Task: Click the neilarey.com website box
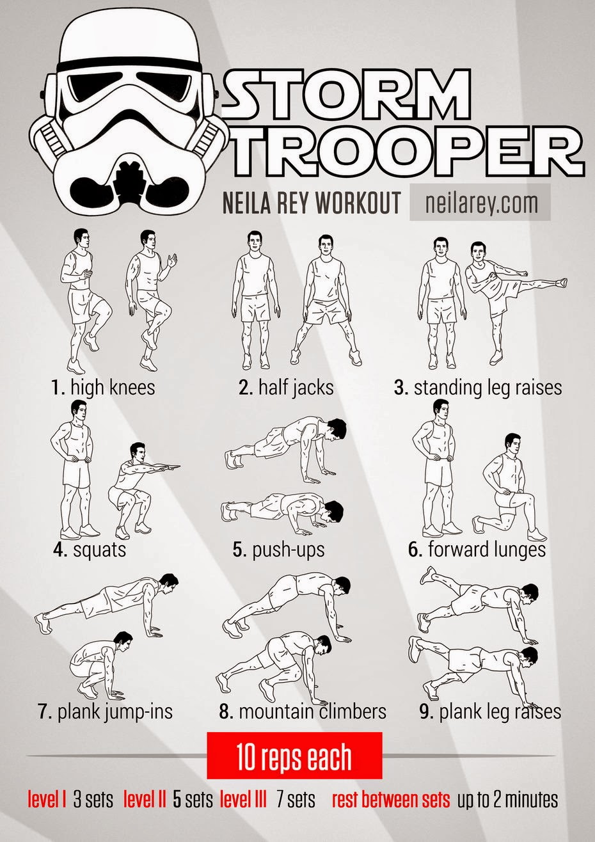coord(480,203)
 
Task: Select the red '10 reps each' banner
coord(294,758)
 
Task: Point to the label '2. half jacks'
coord(286,387)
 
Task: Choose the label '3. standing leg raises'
coord(478,387)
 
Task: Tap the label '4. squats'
coord(90,549)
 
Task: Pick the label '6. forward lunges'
coord(477,549)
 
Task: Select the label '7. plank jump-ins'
coord(105,711)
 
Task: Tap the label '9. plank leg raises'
coord(490,711)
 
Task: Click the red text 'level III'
coord(243,799)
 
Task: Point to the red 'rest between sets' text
coord(391,799)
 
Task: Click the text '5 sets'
coord(193,799)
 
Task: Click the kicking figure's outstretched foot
coord(560,280)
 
